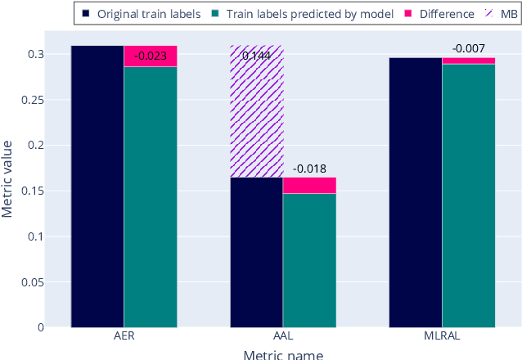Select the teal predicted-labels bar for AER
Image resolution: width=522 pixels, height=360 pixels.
tap(151, 197)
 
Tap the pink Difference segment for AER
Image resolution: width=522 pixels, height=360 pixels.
tap(151, 56)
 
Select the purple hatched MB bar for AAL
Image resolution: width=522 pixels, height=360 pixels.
tap(256, 115)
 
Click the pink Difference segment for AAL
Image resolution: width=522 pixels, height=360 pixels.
tap(309, 186)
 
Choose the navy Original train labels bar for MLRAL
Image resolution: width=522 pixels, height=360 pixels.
tap(416, 192)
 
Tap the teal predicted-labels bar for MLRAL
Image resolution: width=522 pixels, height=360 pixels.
tap(469, 196)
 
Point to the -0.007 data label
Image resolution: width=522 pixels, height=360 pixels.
tap(468, 48)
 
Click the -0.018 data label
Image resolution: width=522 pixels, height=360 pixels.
tap(309, 169)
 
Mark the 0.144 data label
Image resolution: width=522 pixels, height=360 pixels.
tap(256, 56)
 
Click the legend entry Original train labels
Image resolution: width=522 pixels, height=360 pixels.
tap(142, 14)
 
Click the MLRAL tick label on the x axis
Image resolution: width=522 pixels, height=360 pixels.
tap(442, 336)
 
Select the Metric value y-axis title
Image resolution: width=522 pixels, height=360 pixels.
tap(8, 178)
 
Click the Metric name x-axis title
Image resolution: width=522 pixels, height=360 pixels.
tap(283, 353)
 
